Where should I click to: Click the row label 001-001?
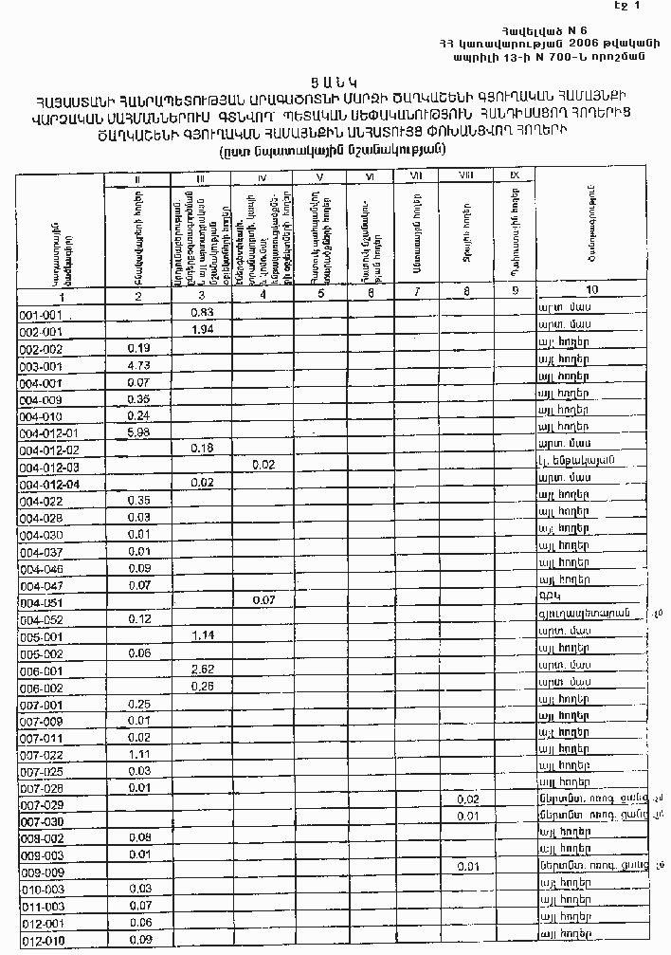[x=41, y=314]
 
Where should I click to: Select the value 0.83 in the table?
[x=201, y=312]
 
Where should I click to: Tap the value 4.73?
[x=138, y=365]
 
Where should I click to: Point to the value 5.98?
[x=138, y=433]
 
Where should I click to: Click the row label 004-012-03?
[x=48, y=468]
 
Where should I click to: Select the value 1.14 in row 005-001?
[x=201, y=635]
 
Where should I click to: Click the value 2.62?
[x=201, y=670]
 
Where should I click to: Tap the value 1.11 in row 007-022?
[x=138, y=754]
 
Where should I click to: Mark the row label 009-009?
[x=41, y=871]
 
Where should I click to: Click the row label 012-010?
[x=41, y=940]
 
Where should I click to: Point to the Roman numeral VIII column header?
[x=466, y=174]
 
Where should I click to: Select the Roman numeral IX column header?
[x=515, y=174]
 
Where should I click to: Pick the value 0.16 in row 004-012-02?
[x=201, y=448]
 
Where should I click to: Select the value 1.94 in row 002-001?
[x=201, y=329]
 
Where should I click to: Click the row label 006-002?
[x=41, y=688]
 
